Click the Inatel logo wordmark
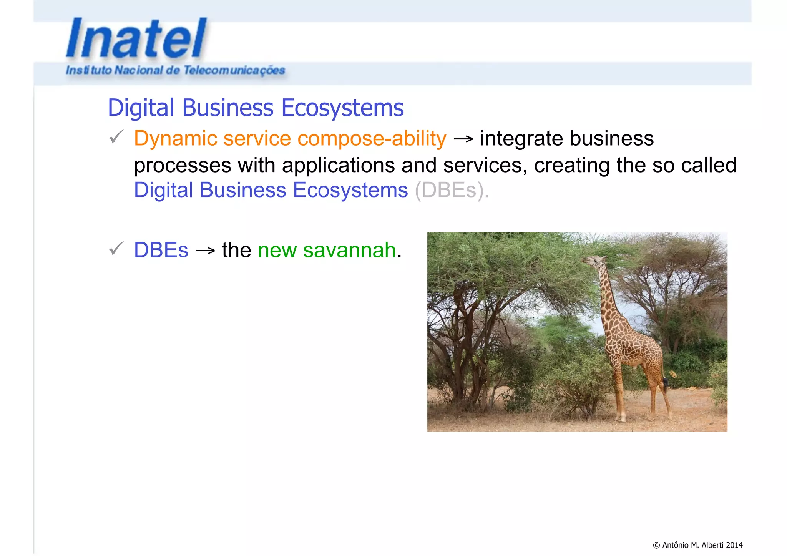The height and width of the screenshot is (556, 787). click(x=136, y=38)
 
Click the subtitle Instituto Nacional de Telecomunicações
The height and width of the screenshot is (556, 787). click(x=175, y=70)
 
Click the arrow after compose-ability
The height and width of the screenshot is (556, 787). click(x=463, y=139)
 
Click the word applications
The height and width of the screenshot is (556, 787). click(x=338, y=165)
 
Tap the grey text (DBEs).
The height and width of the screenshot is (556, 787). click(x=452, y=190)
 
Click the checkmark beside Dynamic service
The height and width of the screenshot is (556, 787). click(x=116, y=137)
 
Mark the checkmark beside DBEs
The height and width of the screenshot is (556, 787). click(x=116, y=249)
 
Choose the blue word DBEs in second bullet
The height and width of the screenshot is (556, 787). click(x=161, y=250)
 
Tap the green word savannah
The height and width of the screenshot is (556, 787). click(x=349, y=250)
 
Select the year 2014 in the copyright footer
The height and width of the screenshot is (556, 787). click(x=734, y=545)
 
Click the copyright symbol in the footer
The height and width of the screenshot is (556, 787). click(x=656, y=545)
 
